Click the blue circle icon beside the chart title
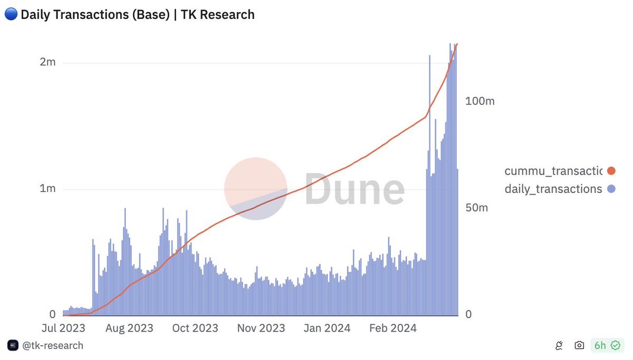[11, 15]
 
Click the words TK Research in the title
[218, 15]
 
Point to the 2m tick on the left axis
[47, 62]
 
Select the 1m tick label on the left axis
[47, 189]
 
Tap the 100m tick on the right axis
[480, 101]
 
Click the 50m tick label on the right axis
[477, 208]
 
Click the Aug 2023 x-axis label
[129, 328]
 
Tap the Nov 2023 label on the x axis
[261, 328]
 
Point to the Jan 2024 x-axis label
[327, 328]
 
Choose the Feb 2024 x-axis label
[392, 328]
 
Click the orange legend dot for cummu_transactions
[611, 171]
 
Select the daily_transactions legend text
[553, 189]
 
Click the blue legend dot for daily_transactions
[611, 189]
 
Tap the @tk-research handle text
[52, 346]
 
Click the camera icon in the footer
[579, 346]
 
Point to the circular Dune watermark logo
[256, 188]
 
